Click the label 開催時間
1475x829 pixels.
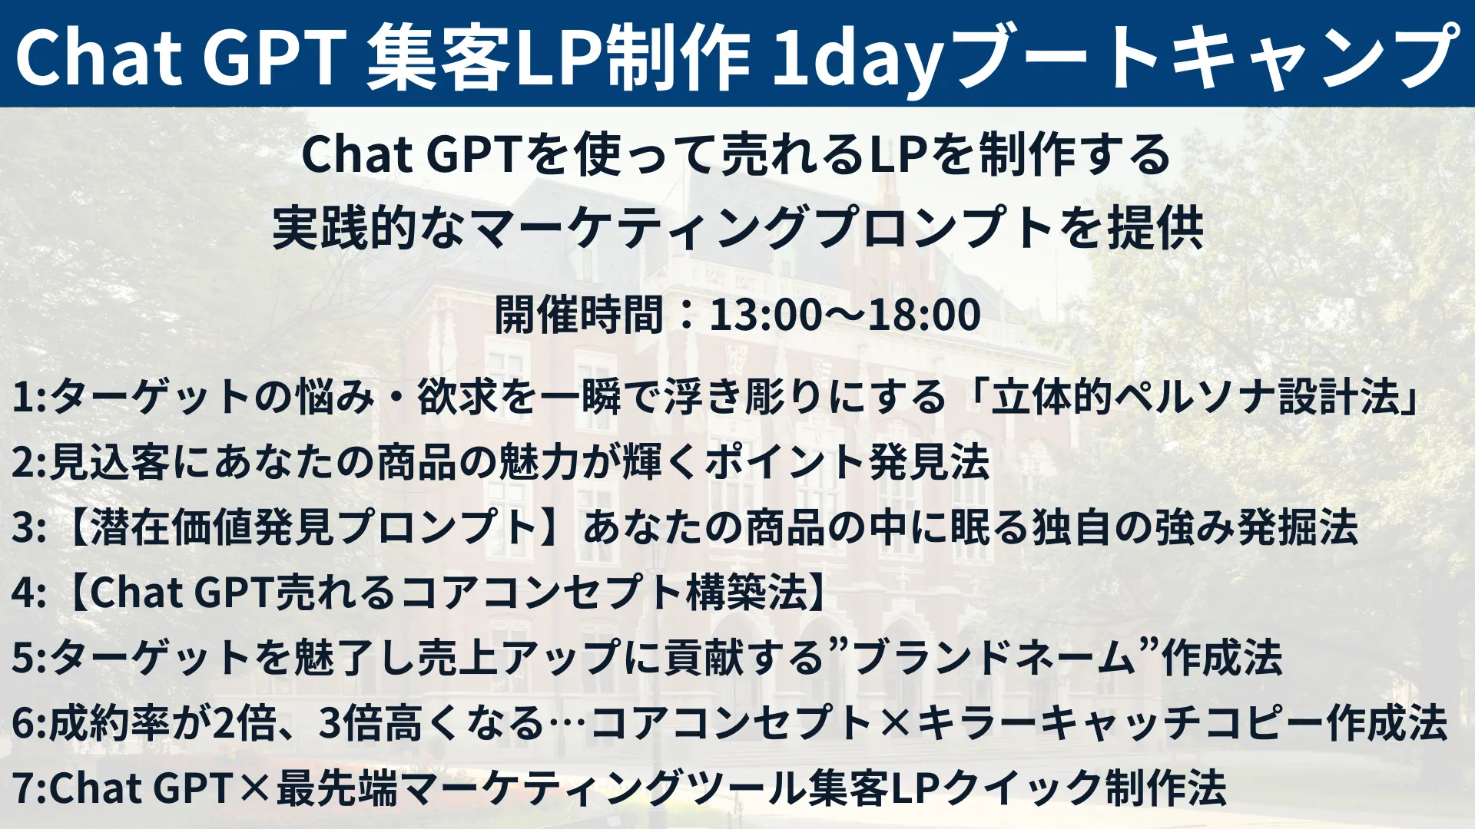(x=578, y=314)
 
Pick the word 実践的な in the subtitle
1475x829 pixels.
(x=369, y=228)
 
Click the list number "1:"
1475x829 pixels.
(x=29, y=398)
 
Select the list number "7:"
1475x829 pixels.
(x=29, y=788)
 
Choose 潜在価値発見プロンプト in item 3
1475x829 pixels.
(x=313, y=527)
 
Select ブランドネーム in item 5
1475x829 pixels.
(x=994, y=658)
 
